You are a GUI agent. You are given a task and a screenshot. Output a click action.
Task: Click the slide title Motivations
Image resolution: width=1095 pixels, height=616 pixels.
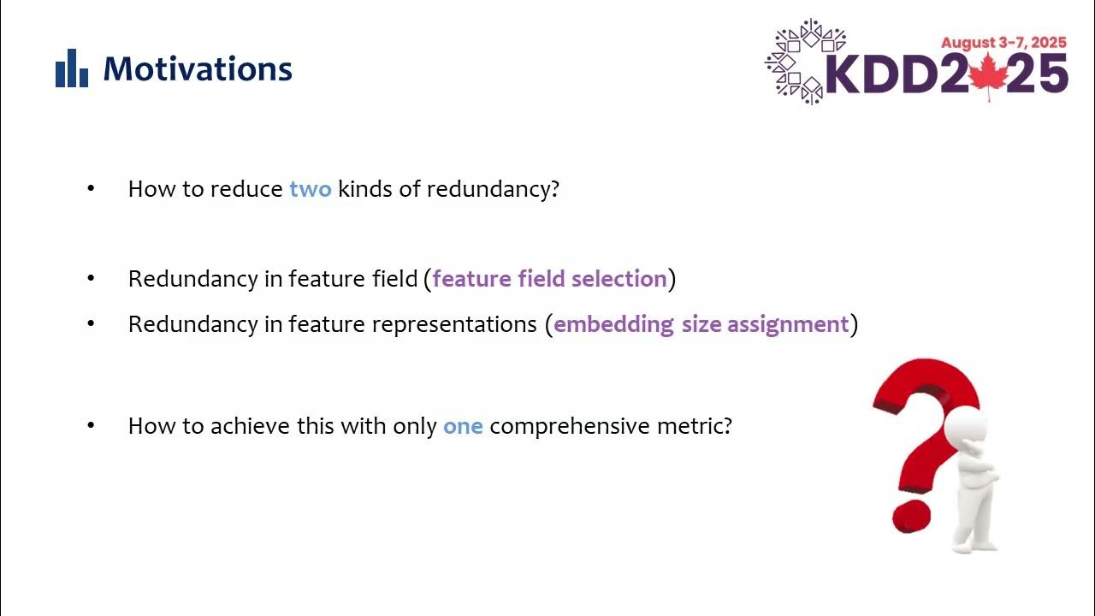198,69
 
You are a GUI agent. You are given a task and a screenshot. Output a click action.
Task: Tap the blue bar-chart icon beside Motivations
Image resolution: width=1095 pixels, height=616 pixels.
72,68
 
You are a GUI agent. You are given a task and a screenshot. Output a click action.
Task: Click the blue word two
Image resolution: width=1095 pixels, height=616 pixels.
310,189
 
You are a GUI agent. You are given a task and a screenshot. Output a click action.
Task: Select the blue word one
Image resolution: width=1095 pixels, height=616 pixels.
463,425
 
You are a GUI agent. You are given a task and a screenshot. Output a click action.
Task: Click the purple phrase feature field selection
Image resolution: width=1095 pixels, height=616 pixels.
549,279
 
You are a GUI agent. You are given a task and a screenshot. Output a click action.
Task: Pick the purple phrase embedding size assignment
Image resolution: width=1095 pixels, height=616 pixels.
701,324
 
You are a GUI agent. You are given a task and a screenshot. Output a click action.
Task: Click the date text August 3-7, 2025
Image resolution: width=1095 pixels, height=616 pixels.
1003,43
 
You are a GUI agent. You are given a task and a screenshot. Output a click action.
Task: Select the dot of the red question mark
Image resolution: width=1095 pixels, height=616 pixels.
911,516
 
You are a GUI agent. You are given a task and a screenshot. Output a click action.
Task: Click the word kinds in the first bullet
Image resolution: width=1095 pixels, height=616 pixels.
365,189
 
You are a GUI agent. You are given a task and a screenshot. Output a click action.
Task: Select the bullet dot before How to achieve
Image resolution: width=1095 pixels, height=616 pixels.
92,425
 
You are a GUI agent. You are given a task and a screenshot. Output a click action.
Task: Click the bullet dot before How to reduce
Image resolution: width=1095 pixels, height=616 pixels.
92,188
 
